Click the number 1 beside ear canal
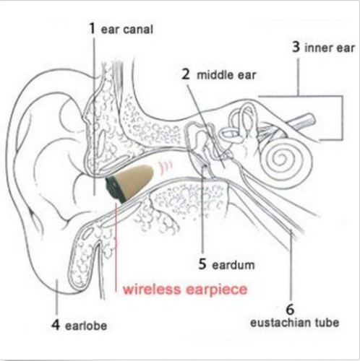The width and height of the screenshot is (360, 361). [x=92, y=29]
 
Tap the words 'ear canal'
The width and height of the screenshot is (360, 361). [x=127, y=30]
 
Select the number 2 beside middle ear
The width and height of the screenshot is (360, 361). [x=185, y=74]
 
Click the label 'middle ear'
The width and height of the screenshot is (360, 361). [x=226, y=75]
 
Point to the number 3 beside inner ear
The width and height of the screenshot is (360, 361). [x=296, y=47]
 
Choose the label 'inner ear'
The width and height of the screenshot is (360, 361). [x=330, y=48]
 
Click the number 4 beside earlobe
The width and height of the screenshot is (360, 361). [x=56, y=325]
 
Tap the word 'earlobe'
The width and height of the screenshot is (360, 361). [x=86, y=326]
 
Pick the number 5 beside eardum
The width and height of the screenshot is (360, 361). [x=202, y=264]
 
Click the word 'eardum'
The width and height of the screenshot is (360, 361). [x=233, y=265]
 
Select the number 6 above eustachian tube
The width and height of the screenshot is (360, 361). [x=290, y=309]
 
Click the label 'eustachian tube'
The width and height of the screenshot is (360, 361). [x=295, y=323]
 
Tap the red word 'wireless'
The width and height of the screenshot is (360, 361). [x=152, y=289]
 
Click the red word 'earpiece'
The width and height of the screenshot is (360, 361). [x=217, y=290]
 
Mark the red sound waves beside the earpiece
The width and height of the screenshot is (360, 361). [x=165, y=167]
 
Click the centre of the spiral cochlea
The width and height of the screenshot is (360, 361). [x=281, y=159]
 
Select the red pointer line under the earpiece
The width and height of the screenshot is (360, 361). [x=116, y=248]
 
